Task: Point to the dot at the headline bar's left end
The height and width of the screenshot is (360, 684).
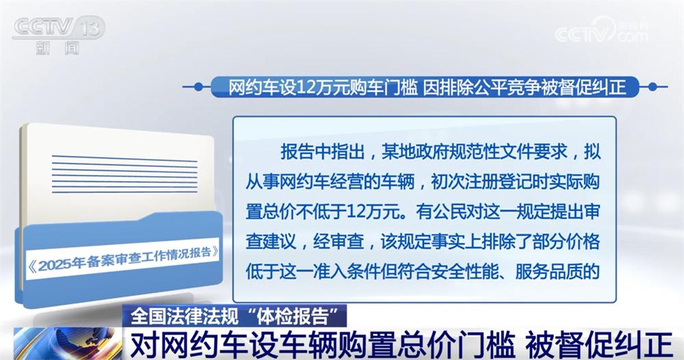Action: [198, 87]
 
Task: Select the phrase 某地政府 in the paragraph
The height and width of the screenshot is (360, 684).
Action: [408, 151]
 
